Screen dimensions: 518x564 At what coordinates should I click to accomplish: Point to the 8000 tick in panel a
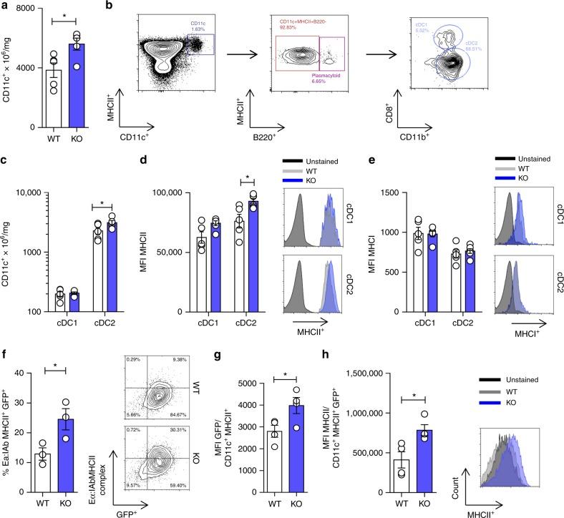[x=24, y=9]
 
